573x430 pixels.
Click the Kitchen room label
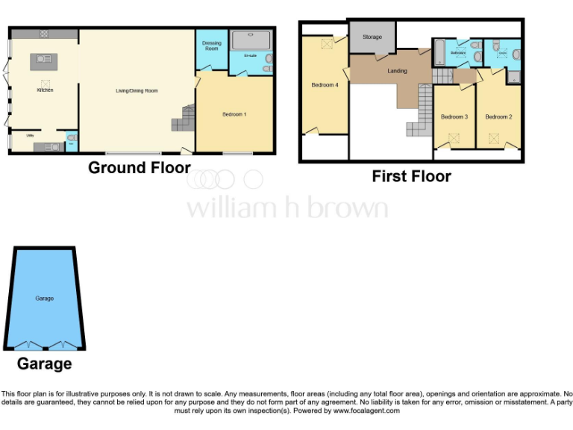(45, 90)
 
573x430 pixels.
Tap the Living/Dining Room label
(137, 91)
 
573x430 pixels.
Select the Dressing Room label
(211, 46)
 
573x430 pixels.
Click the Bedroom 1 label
(234, 114)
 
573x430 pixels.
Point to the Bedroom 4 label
(325, 85)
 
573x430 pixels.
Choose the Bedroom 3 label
(454, 116)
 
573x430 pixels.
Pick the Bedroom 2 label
(498, 116)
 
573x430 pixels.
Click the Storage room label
(372, 37)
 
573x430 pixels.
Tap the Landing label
(398, 71)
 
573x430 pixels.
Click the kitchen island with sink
(40, 61)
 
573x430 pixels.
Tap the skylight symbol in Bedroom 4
(326, 45)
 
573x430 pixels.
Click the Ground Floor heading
(140, 168)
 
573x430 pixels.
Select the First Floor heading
(411, 177)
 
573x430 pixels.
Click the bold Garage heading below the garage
(45, 364)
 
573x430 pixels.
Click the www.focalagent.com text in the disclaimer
(366, 411)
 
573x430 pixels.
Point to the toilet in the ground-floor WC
(71, 137)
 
